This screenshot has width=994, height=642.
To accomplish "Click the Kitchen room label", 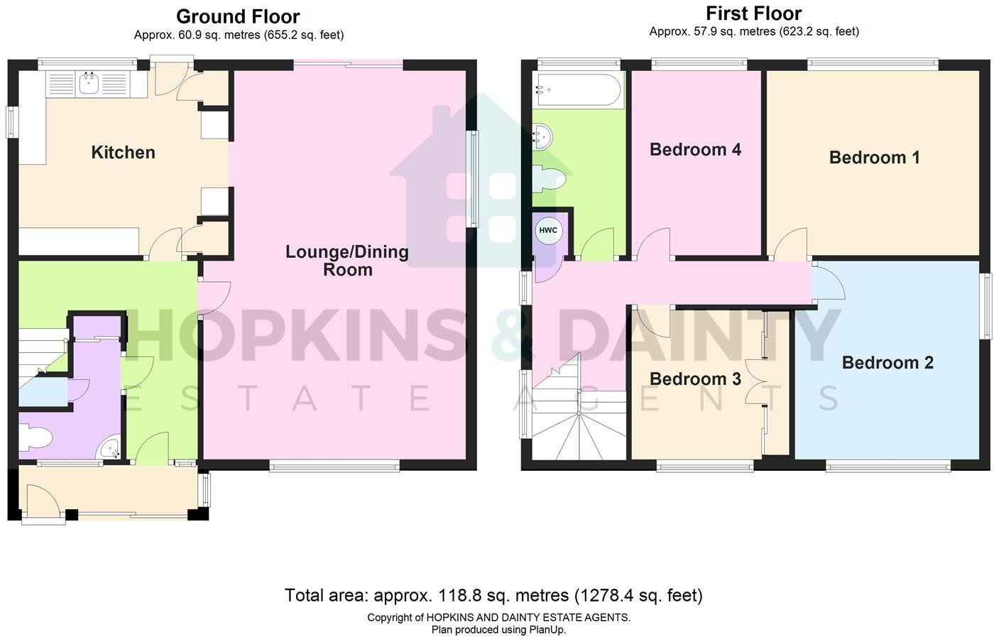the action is [123, 152].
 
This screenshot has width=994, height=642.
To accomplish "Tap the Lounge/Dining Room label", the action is [347, 261].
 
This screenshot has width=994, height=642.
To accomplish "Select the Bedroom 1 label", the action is [874, 158].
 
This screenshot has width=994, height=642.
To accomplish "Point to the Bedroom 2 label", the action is [887, 363].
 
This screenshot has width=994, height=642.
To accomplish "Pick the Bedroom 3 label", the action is [695, 379].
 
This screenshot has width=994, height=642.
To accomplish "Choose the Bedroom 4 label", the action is [695, 150].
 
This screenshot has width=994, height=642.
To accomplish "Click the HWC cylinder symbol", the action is [548, 230].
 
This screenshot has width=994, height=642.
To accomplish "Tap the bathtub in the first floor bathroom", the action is [579, 89].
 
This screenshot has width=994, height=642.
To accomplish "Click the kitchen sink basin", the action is [90, 85].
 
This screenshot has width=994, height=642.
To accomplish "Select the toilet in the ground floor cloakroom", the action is [35, 437].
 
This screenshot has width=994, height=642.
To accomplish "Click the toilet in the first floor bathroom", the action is [549, 178].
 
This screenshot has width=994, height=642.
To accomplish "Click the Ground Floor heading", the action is [238, 17].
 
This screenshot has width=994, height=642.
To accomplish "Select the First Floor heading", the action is [753, 13].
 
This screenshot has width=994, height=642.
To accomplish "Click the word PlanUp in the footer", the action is [547, 629].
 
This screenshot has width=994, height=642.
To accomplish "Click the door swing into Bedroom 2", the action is [829, 284].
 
